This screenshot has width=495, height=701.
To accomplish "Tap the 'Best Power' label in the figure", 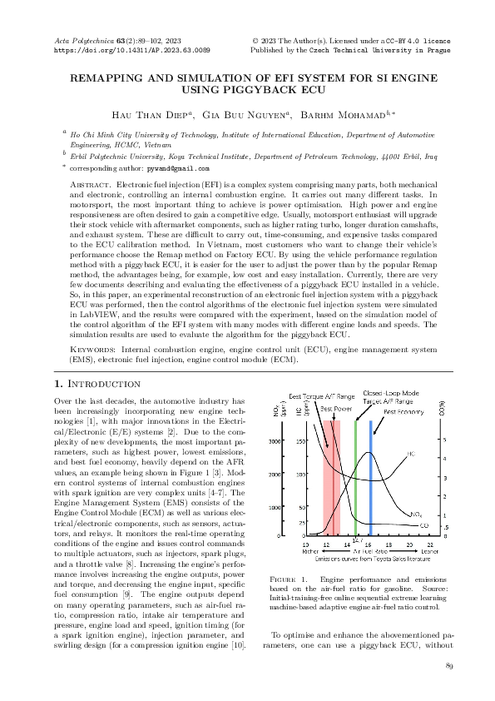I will point(334,410).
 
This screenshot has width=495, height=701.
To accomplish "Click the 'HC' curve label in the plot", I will point(411,455).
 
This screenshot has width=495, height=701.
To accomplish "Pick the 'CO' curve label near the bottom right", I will point(424,525).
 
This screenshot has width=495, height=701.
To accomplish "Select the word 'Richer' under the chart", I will point(311,551).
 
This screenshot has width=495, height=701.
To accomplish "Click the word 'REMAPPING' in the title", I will point(111,77).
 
